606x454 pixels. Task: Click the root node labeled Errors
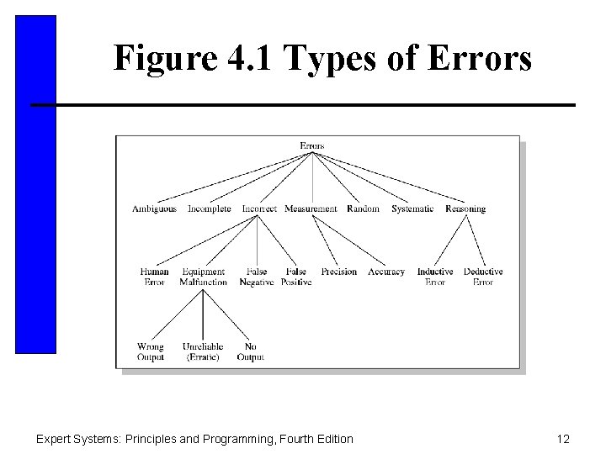click(x=312, y=145)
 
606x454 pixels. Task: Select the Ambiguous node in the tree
click(x=154, y=209)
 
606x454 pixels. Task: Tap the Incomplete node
click(x=209, y=209)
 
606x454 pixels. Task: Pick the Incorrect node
click(x=259, y=209)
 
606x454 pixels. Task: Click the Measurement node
click(x=311, y=209)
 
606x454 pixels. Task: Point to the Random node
click(x=363, y=209)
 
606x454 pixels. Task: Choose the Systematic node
click(x=412, y=209)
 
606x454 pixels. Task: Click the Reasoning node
click(x=465, y=209)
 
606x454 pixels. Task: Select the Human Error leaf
click(x=154, y=277)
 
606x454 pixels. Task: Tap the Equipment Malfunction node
click(x=203, y=277)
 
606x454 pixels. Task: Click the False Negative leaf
click(x=257, y=277)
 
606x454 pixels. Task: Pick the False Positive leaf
click(x=295, y=277)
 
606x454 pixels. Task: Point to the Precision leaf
click(x=339, y=272)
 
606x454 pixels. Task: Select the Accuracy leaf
click(x=386, y=272)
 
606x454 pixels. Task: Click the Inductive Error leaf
click(x=435, y=277)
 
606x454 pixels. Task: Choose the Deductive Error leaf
click(x=483, y=277)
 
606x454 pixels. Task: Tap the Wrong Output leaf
click(x=151, y=351)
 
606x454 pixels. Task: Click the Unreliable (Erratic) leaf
click(x=203, y=351)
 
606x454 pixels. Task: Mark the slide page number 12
click(x=563, y=438)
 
